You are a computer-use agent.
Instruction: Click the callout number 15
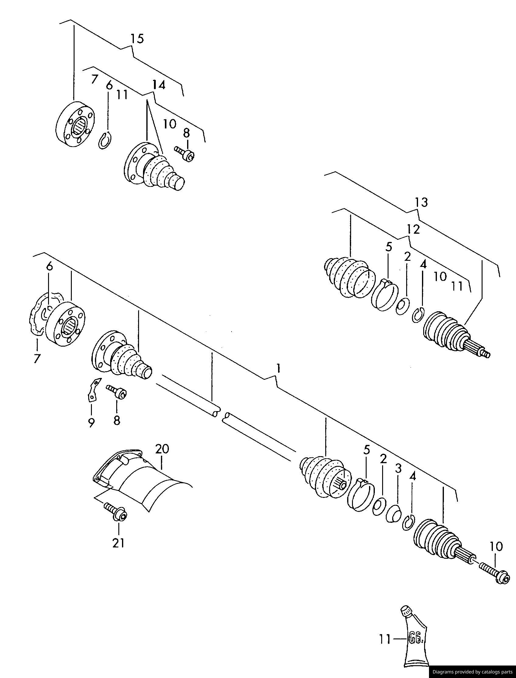pos(137,39)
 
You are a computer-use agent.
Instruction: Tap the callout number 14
pos(159,85)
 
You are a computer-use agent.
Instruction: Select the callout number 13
pos(421,202)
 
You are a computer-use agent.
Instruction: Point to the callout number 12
pos(413,229)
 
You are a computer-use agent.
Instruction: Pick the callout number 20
pos(162,449)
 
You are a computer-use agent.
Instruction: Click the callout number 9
pos(91,423)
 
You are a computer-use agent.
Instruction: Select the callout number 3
pos(398,469)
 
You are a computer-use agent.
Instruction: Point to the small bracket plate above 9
pos(93,390)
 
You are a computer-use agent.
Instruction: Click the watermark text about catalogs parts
pos(472,672)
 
